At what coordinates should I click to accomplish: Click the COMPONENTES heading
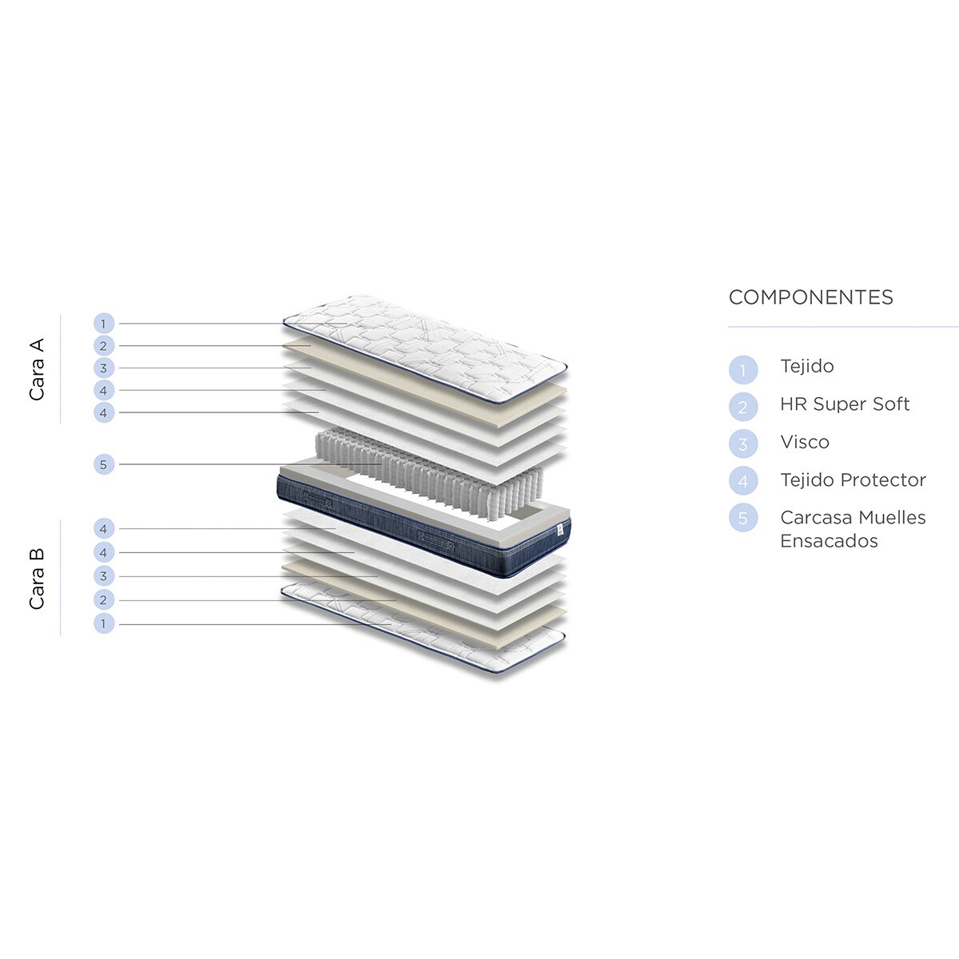(810, 297)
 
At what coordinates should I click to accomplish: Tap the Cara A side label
(37, 369)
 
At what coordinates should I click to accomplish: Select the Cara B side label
(37, 579)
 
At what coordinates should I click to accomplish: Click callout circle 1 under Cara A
(104, 324)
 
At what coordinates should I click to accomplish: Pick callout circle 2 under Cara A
(104, 346)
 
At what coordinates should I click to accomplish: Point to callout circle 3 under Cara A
(104, 368)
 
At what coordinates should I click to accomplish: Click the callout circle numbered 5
(104, 464)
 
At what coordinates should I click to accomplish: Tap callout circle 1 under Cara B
(104, 623)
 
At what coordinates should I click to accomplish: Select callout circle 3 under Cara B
(104, 576)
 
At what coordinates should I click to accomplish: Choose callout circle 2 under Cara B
(104, 599)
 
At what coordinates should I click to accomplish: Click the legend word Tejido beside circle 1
(806, 367)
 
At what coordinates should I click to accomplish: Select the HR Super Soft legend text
(845, 404)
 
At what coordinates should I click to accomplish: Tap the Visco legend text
(805, 442)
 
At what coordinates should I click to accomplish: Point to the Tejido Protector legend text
(853, 480)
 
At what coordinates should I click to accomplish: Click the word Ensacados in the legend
(829, 541)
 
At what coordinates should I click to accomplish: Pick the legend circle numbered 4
(743, 481)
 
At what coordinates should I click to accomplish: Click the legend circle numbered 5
(743, 518)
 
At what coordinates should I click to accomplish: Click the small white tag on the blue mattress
(560, 530)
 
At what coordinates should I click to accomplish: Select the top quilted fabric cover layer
(425, 348)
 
